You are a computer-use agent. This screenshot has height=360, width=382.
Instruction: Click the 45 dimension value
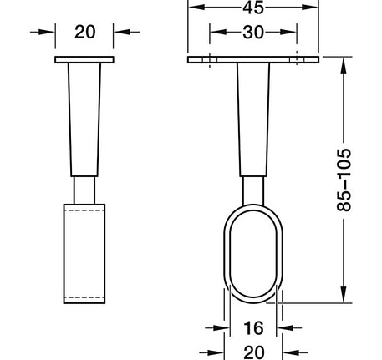click(x=253, y=8)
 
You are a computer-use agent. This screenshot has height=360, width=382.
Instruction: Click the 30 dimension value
click(x=253, y=33)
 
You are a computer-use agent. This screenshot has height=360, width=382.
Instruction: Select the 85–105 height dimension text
click(x=344, y=180)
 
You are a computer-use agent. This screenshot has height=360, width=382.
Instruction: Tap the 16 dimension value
click(x=253, y=328)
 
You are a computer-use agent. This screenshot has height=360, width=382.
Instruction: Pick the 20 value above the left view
click(x=85, y=32)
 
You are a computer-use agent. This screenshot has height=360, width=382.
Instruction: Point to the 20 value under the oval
click(x=253, y=352)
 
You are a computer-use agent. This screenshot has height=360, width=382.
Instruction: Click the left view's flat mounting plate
click(x=84, y=59)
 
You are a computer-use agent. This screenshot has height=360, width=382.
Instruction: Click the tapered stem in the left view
click(x=84, y=119)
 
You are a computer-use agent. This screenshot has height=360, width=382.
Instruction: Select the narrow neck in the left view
click(x=84, y=190)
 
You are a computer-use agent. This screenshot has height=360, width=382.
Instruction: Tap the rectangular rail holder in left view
click(x=84, y=254)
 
